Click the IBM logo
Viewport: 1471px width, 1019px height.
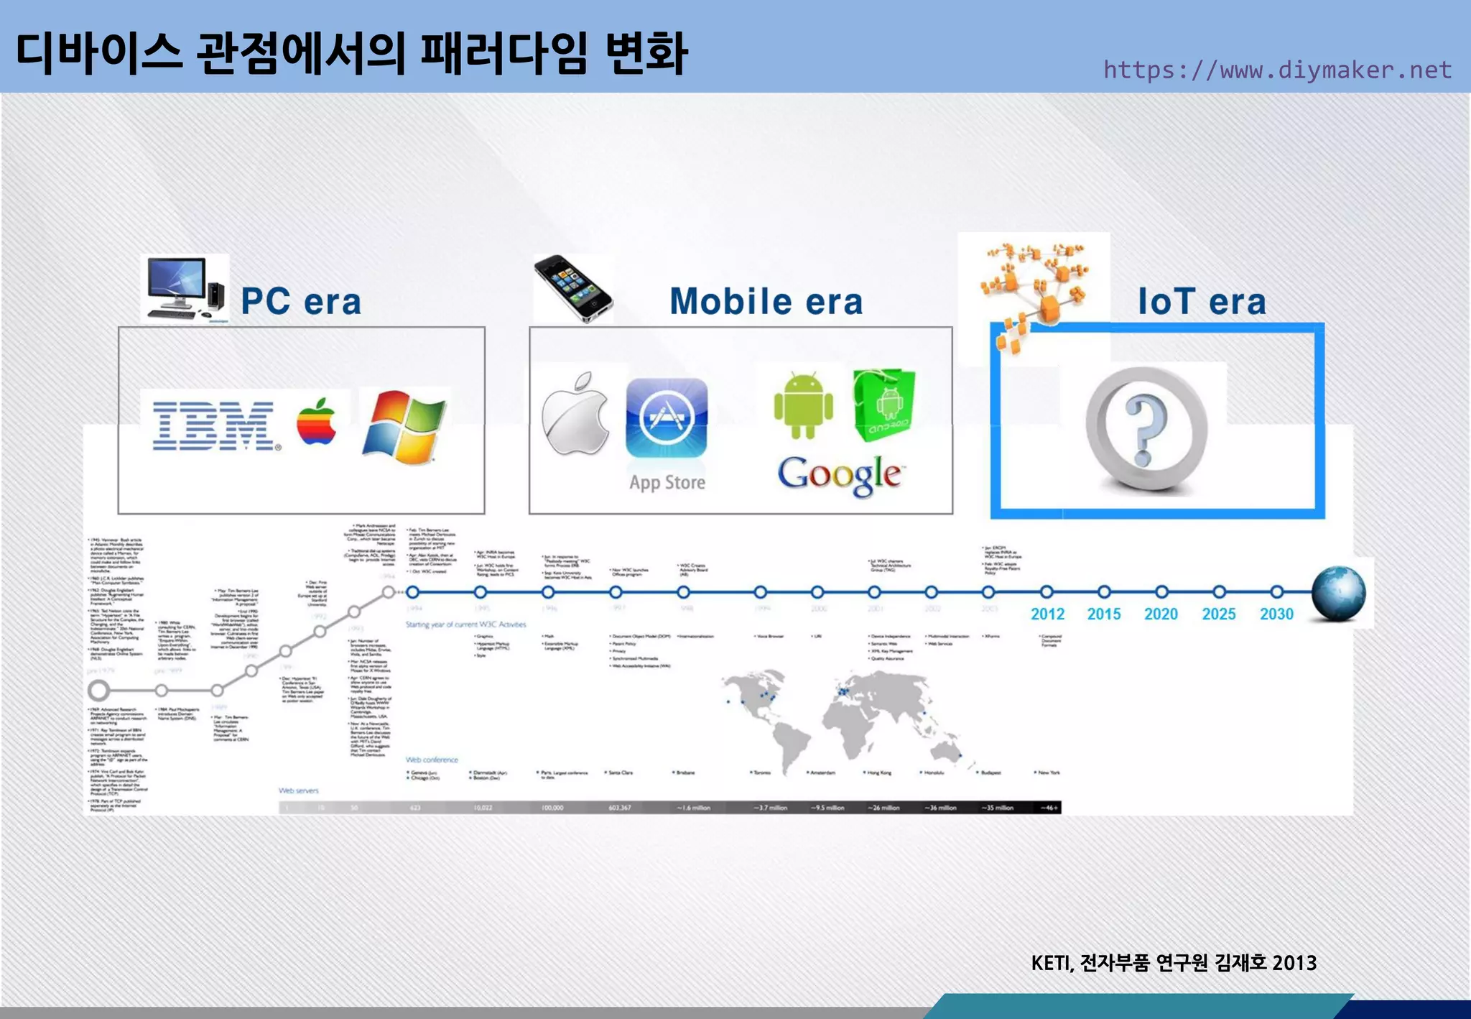[x=214, y=426]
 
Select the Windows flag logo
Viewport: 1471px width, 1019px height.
[x=404, y=427]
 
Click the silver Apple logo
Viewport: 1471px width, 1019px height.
[x=575, y=415]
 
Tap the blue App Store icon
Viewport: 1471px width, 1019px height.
[x=667, y=419]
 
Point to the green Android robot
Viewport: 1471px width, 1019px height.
[x=803, y=405]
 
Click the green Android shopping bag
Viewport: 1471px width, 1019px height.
[x=884, y=405]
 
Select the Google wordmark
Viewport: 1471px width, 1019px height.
[x=839, y=474]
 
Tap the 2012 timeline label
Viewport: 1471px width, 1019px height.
[x=1047, y=614]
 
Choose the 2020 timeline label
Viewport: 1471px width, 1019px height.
[x=1161, y=614]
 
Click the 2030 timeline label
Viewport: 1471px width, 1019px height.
[x=1276, y=614]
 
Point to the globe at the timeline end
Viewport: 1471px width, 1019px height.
[x=1338, y=594]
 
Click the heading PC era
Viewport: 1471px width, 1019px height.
[x=301, y=302]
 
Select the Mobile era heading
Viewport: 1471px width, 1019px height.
[x=766, y=302]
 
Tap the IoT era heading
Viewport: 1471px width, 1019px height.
[x=1202, y=302]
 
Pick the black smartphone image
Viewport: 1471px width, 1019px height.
[x=573, y=289]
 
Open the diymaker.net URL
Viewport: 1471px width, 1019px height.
[x=1277, y=70]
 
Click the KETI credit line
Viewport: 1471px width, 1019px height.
[x=1173, y=963]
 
